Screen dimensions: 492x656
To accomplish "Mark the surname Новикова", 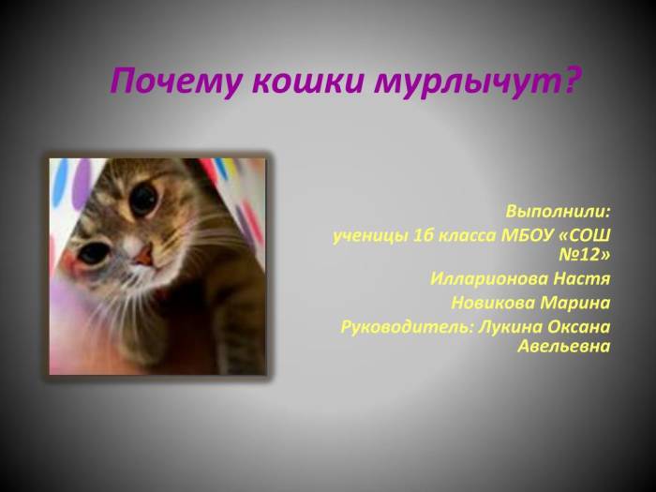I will click(x=492, y=303).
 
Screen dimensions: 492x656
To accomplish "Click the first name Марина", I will click(x=578, y=303).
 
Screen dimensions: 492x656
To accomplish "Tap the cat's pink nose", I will click(x=142, y=253).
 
